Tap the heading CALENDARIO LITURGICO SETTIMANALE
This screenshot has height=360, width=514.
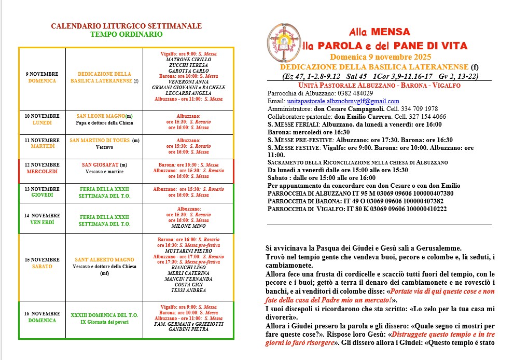[x=126, y=26]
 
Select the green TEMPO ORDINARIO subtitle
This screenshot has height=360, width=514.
[x=126, y=35]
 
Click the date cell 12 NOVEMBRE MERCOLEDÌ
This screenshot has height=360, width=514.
[x=42, y=168]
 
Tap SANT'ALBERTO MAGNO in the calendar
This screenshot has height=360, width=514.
[x=104, y=259]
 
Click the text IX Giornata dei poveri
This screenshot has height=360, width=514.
[x=104, y=322]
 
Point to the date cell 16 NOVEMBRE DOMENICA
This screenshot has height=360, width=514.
[x=42, y=317]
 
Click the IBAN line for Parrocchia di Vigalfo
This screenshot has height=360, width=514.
[x=357, y=209]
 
